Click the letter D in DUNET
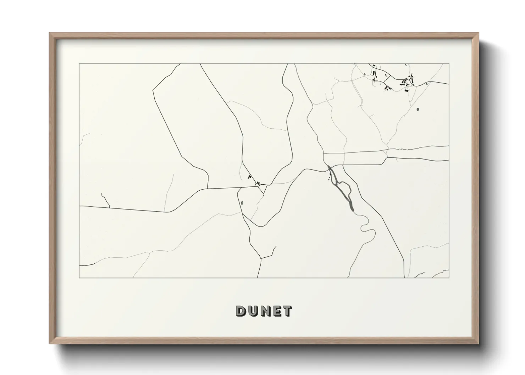241,311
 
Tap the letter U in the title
253,311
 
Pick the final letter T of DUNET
287,311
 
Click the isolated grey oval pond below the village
418,110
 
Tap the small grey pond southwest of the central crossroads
242,203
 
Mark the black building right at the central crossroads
258,184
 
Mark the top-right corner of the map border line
449,64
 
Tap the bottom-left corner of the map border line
79,278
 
